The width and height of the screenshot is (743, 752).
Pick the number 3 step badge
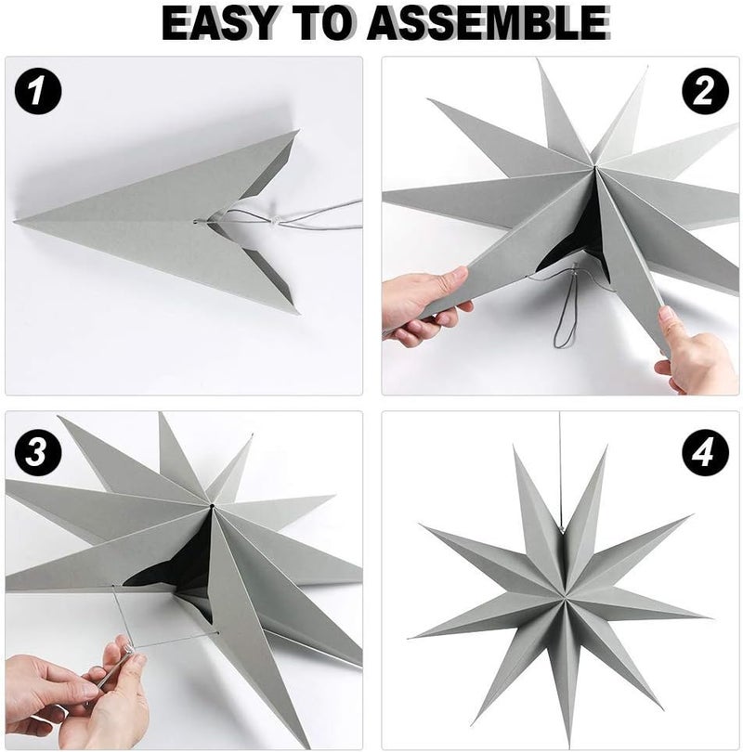tap(38, 452)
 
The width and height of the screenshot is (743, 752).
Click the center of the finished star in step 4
tap(561, 599)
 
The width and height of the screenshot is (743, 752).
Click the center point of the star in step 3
tap(212, 505)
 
